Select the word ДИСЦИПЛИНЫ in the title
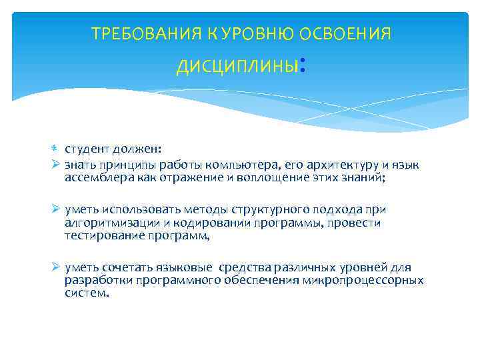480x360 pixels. click(x=236, y=67)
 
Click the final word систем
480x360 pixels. click(x=86, y=294)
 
